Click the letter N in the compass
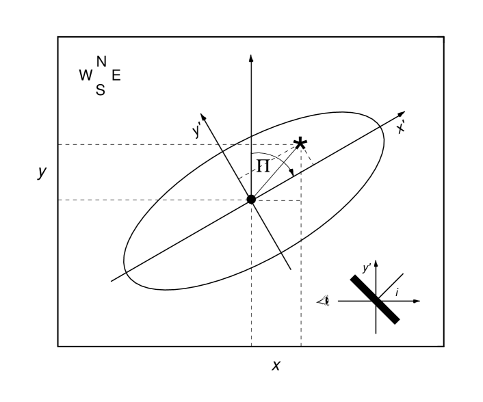point(101,62)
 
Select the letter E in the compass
point(116,75)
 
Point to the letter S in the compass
point(101,90)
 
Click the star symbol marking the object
point(300,144)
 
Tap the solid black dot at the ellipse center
point(251,199)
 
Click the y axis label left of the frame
point(42,173)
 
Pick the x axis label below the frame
point(276,365)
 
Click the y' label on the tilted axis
point(198,130)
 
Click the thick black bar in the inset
point(374,299)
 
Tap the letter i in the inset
point(397,292)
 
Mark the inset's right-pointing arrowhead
point(417,301)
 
